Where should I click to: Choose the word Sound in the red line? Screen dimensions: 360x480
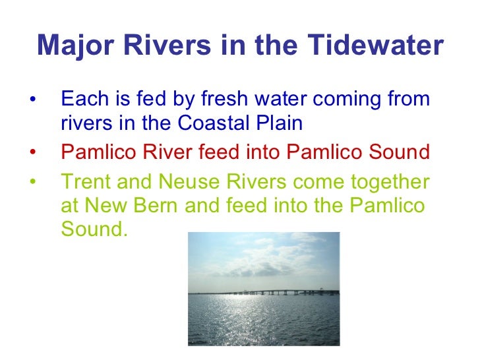(x=398, y=152)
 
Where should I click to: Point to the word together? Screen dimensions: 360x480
(x=382, y=181)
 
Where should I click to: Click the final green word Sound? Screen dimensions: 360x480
(x=88, y=231)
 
